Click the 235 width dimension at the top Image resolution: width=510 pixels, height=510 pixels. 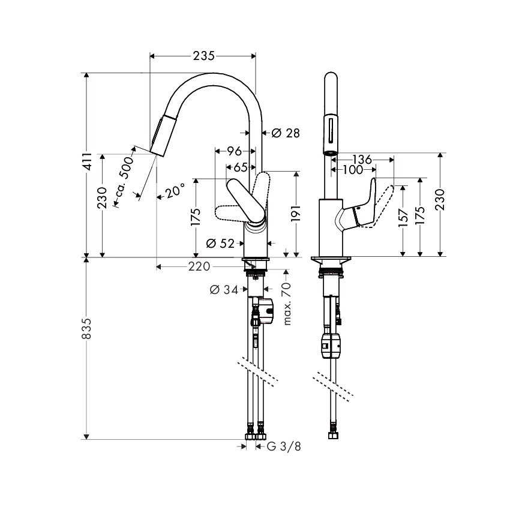click(x=203, y=56)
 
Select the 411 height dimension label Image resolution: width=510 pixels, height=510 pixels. click(x=87, y=161)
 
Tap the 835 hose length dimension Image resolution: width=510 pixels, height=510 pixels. click(x=87, y=329)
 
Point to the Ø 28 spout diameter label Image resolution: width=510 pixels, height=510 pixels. click(x=286, y=133)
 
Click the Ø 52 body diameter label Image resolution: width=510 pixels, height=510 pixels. click(x=220, y=243)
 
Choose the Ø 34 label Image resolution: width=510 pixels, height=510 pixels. click(x=224, y=289)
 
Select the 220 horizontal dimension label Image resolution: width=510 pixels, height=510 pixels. click(x=199, y=267)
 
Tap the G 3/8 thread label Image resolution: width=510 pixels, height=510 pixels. click(x=284, y=446)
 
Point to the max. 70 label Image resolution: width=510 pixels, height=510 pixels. click(x=287, y=304)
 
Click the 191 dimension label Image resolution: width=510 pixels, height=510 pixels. click(x=296, y=214)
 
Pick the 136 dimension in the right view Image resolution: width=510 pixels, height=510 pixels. click(x=362, y=160)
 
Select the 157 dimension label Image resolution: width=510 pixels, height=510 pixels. click(x=403, y=218)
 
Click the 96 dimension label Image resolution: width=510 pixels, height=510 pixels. click(x=235, y=151)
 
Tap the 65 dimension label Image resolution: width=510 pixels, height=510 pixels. click(x=241, y=167)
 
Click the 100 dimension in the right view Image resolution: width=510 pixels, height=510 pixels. click(x=353, y=169)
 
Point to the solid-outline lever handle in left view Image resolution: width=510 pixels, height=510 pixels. click(x=246, y=201)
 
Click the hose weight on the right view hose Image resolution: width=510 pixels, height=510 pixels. click(x=331, y=346)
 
